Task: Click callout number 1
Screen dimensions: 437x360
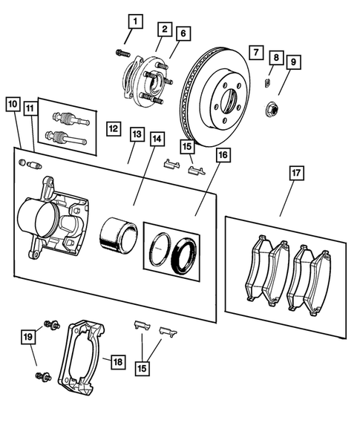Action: click(x=134, y=21)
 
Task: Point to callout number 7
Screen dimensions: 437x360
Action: click(x=255, y=52)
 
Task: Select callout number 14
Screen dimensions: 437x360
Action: click(x=156, y=138)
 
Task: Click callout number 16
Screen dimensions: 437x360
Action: click(x=223, y=155)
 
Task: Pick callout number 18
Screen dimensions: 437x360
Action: click(x=117, y=362)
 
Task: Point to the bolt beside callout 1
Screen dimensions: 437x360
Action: click(x=122, y=52)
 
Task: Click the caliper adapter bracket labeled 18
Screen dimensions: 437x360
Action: click(x=83, y=357)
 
